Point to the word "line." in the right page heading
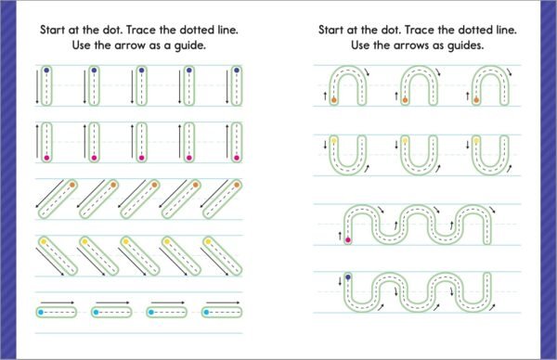pyautogui.click(x=506, y=30)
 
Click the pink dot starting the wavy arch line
pyautogui.click(x=348, y=240)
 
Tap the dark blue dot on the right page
pyautogui.click(x=348, y=276)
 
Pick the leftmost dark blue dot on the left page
pyautogui.click(x=46, y=71)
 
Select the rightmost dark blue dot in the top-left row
pyautogui.click(x=237, y=71)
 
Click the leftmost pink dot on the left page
pyautogui.click(x=46, y=158)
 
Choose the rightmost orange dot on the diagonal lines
pyautogui.click(x=237, y=185)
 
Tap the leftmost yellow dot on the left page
pyautogui.click(x=44, y=242)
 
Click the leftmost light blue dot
pyautogui.click(x=41, y=313)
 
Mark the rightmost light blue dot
pyautogui.click(x=206, y=313)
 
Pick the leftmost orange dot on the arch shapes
pyautogui.click(x=334, y=100)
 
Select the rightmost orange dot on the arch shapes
pyautogui.click(x=476, y=100)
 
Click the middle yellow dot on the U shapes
pyautogui.click(x=405, y=141)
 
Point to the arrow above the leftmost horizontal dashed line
pyautogui.click(x=58, y=302)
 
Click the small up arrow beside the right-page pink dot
pyautogui.click(x=340, y=236)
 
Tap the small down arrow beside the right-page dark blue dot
pyautogui.click(x=340, y=281)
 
